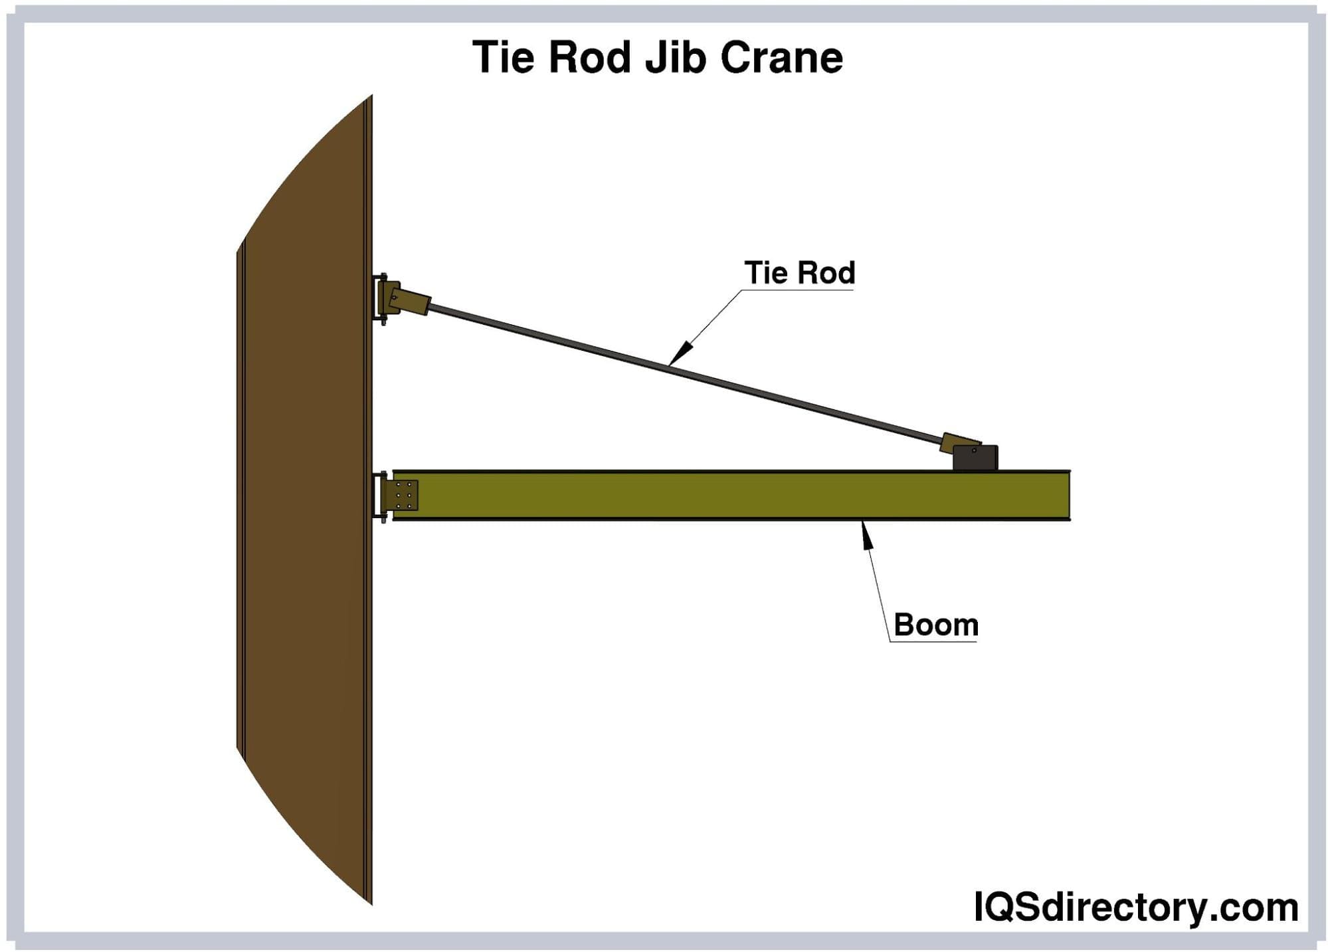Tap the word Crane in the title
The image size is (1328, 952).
coord(781,57)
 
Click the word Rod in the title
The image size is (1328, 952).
coord(589,57)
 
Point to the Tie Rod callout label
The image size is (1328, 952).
coord(799,273)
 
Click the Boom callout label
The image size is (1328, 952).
coord(935,625)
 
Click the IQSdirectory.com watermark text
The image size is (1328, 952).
coord(1135,907)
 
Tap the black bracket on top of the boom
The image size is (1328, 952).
coord(975,458)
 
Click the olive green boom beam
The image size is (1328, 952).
coord(731,496)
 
